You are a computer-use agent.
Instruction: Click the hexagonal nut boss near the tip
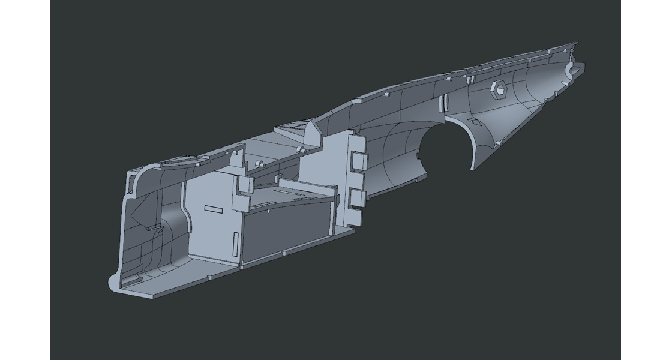(499, 90)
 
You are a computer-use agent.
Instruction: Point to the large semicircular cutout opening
(445, 147)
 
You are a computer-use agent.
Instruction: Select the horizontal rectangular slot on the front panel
(214, 208)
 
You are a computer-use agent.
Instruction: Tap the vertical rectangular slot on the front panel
(235, 241)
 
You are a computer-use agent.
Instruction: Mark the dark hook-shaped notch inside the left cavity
(155, 227)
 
